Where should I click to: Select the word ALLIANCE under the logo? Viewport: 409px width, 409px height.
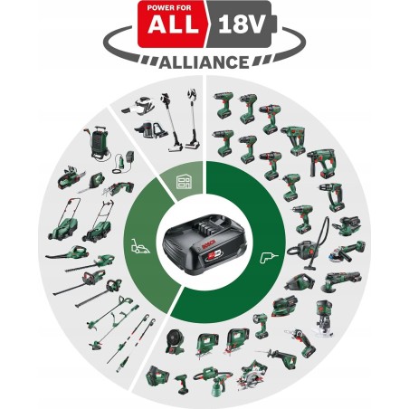point(204,62)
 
